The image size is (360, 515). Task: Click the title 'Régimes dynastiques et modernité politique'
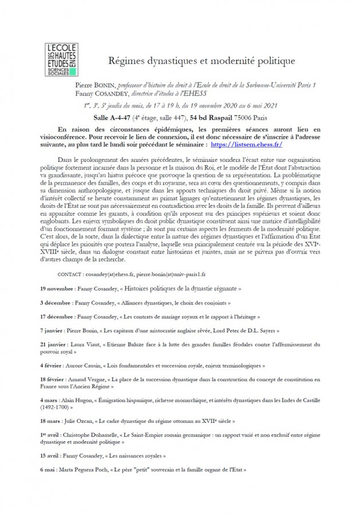[201, 60]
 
